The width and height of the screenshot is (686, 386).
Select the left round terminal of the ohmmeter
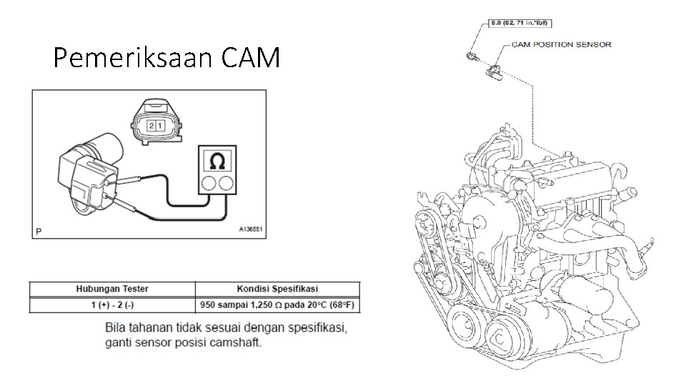coord(210,183)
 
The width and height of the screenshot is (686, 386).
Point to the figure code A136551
coord(251,230)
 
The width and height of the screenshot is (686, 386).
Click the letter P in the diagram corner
coord(39,231)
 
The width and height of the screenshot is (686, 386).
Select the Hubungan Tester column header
coord(111,289)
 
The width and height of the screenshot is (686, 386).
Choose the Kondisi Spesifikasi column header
coord(277,289)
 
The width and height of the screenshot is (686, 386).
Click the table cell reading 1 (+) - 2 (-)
coord(111,305)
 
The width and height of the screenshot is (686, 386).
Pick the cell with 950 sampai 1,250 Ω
coord(279,305)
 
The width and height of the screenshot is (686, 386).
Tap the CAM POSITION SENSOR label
coord(562,44)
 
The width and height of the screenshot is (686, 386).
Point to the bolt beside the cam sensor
coord(472,55)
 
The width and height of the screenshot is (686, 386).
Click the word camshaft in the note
coord(239,342)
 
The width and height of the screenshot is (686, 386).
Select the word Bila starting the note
coord(117,328)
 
